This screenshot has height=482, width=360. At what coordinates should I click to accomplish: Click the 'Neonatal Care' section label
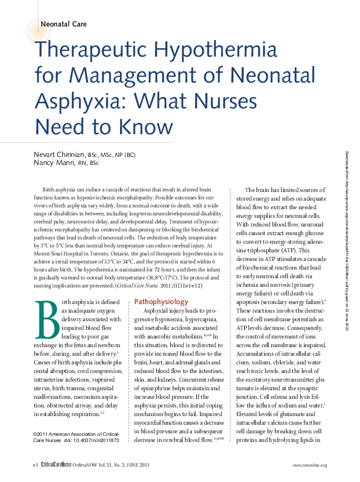point(63,24)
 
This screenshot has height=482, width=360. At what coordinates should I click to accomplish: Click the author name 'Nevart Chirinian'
point(59,154)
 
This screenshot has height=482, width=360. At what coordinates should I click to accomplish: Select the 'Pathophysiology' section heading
point(161,302)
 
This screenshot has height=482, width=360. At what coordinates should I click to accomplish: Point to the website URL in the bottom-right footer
point(310,465)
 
